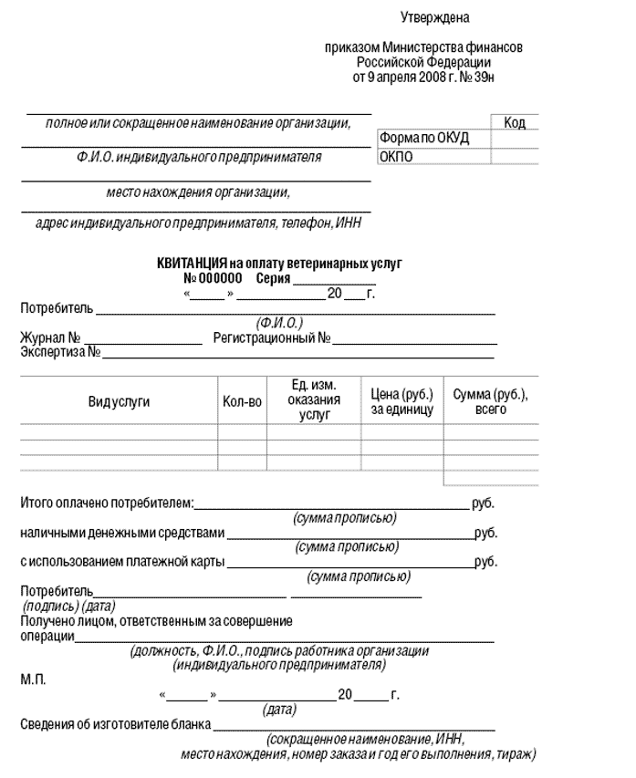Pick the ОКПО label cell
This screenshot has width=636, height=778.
tap(397, 156)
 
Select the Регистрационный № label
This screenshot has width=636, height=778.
tap(271, 338)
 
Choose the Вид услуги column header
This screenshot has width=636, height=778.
tap(119, 401)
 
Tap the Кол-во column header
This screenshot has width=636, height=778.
tap(242, 401)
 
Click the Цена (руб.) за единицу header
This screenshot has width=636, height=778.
tap(401, 401)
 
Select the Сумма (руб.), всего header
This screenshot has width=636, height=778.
tap(491, 401)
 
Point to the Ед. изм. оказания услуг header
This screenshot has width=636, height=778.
tap(313, 400)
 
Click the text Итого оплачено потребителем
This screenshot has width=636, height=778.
tap(107, 503)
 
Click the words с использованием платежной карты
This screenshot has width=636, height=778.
tap(122, 562)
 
